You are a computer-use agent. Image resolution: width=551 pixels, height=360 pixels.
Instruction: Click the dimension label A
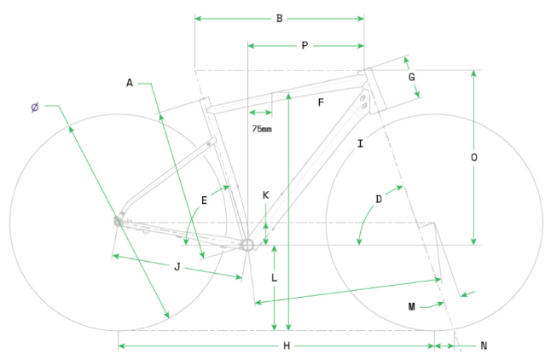click(x=130, y=83)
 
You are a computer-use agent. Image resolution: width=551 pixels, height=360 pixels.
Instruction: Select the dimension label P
click(x=304, y=46)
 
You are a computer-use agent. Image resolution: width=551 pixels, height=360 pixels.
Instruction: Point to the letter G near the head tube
click(x=411, y=78)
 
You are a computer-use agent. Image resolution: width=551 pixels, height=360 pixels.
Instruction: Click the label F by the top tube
click(x=321, y=102)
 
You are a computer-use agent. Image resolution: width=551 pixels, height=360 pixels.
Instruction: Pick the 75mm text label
click(x=262, y=129)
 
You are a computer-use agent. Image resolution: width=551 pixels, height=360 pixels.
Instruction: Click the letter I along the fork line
click(x=361, y=144)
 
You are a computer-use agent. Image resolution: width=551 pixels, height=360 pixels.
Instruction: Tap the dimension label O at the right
click(x=474, y=158)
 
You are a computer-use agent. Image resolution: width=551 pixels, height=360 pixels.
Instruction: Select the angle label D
click(x=379, y=200)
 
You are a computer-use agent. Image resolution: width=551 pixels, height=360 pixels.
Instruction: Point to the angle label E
click(x=204, y=200)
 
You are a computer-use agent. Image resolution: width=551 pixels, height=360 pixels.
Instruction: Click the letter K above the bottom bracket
click(x=266, y=195)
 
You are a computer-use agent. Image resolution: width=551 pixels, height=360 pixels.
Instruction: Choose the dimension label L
click(x=274, y=278)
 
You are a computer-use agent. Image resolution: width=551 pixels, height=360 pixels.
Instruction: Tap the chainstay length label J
click(x=177, y=267)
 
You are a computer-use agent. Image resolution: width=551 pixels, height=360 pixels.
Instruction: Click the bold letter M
click(x=410, y=305)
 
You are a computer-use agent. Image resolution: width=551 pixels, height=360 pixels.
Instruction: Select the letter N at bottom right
click(x=484, y=345)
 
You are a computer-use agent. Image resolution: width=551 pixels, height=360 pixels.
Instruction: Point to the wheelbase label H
click(x=287, y=345)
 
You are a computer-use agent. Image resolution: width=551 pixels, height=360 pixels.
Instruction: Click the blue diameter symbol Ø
click(x=34, y=107)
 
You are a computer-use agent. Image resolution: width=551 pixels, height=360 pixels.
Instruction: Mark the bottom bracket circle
click(x=248, y=245)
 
